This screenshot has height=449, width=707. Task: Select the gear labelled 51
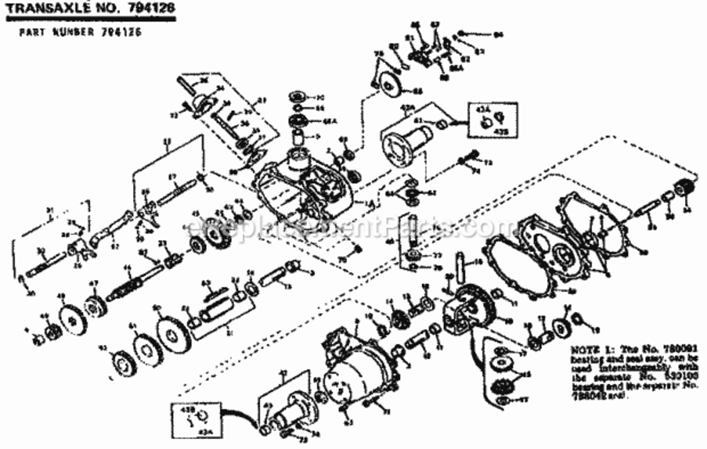[x=146, y=351]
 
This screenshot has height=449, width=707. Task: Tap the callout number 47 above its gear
[x=93, y=283]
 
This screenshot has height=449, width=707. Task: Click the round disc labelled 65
[x=393, y=83]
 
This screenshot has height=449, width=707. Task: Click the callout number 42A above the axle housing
[x=407, y=108]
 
